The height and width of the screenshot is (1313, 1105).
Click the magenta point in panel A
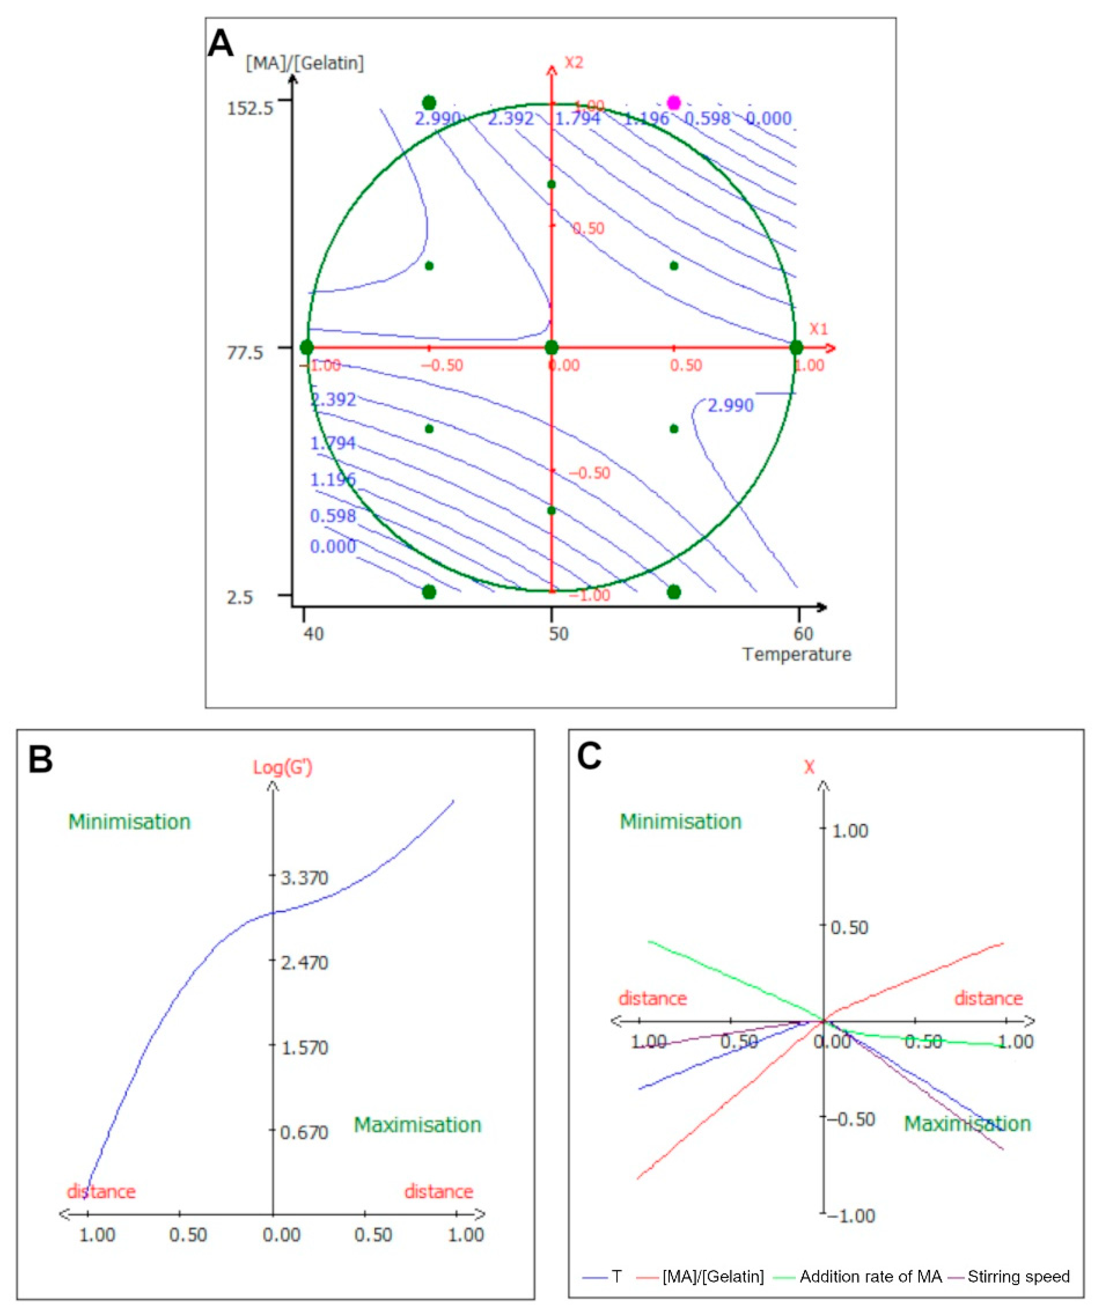673,103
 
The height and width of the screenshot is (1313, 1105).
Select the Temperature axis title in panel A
796,655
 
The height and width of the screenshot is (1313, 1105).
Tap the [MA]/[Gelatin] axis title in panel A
304,63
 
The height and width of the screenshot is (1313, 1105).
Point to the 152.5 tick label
250,109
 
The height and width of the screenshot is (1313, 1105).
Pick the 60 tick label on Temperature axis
803,634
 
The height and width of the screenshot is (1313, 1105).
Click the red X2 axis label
573,63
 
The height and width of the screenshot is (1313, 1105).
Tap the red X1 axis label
818,329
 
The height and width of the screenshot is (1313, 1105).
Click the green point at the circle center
551,348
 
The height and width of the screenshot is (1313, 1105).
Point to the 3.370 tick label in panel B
304,878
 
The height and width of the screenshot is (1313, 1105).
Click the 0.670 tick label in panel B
304,1132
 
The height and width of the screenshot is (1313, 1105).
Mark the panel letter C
589,757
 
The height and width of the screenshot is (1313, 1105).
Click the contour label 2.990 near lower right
731,406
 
